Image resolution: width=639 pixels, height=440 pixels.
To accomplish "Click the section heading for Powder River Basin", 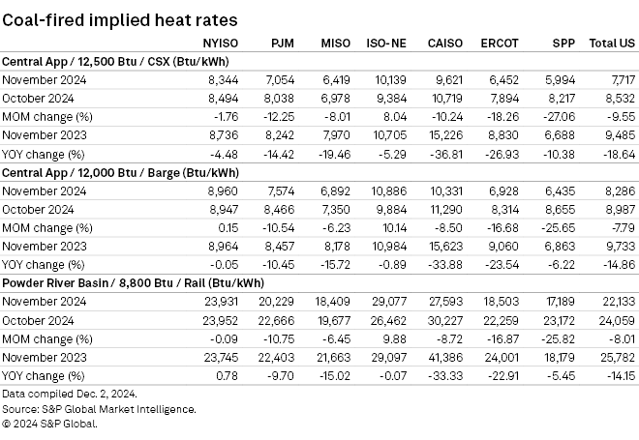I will pos(120,281).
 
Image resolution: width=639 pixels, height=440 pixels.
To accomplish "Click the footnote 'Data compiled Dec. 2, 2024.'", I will pos(69,395).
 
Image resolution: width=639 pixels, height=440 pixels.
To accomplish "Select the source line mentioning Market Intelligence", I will pos(100,409).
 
